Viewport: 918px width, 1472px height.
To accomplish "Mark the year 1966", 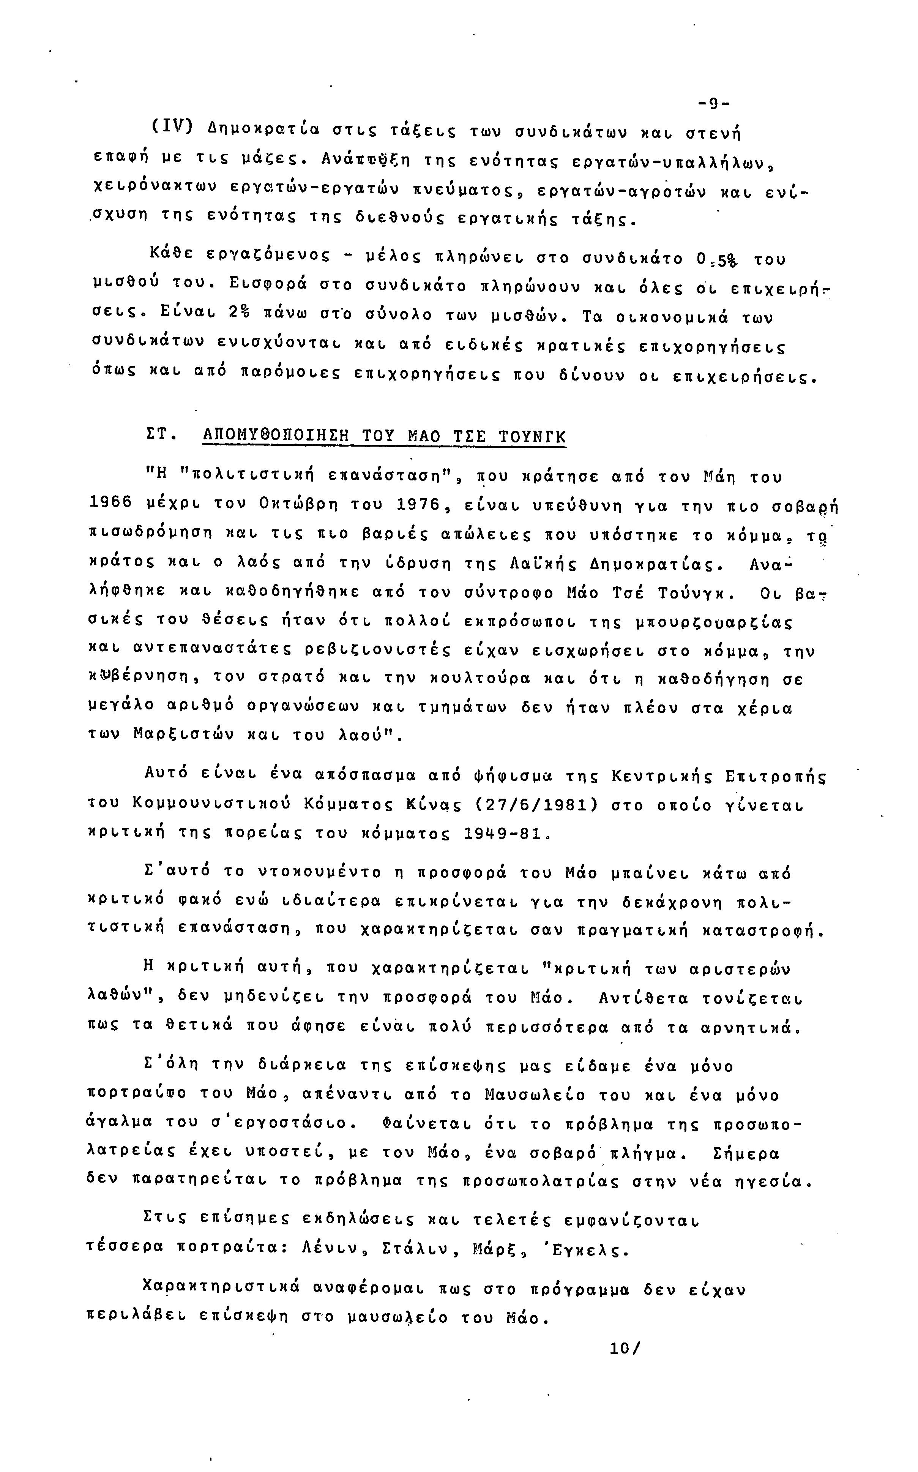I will [110, 504].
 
